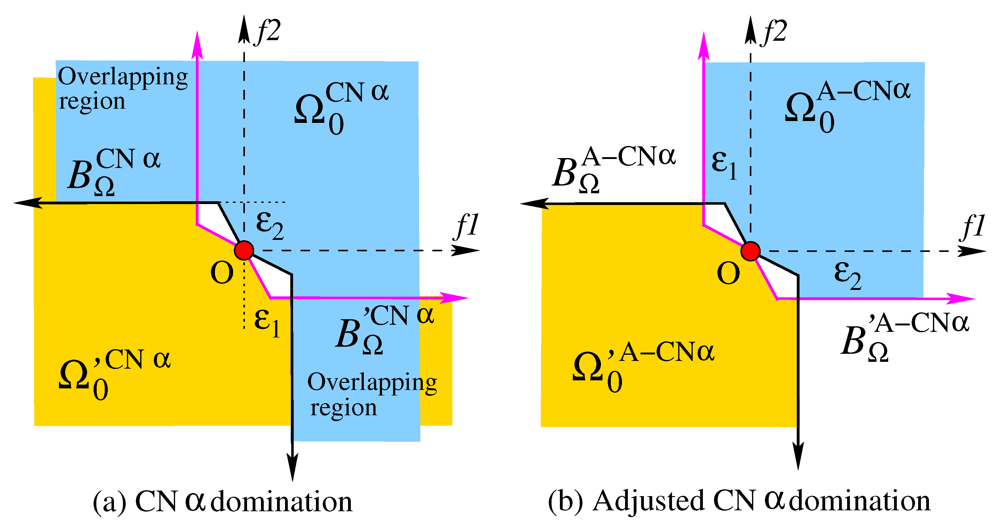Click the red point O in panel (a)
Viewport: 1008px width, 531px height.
click(244, 250)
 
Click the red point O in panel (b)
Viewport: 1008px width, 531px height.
click(750, 251)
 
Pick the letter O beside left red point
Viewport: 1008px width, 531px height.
click(222, 273)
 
